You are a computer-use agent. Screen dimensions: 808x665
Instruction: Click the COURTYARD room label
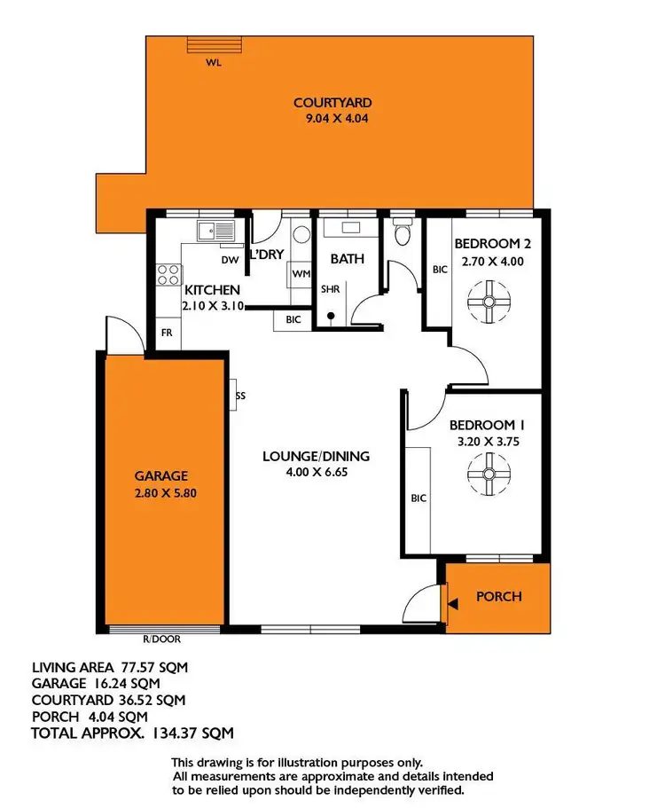pos(332,103)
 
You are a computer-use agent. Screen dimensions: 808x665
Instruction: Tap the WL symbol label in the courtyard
pos(213,62)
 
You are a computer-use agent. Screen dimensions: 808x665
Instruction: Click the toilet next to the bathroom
pos(403,235)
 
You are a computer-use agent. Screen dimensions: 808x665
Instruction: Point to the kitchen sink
pos(215,232)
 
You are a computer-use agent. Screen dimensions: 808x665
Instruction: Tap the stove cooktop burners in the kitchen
pos(168,276)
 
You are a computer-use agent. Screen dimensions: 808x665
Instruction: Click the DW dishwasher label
pos(230,260)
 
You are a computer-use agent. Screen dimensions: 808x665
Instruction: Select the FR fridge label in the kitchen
pos(166,333)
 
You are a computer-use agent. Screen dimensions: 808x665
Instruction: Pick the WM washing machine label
pos(301,275)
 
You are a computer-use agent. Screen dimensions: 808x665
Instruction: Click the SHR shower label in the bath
pos(330,289)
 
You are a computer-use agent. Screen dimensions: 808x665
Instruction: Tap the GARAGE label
pos(161,475)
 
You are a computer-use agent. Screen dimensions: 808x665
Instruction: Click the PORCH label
pos(498,596)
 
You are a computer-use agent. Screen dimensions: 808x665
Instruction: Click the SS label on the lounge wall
pos(240,396)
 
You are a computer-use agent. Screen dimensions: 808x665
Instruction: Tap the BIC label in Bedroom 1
pos(419,498)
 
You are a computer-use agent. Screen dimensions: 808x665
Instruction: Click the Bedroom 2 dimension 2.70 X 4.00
pos(493,262)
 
